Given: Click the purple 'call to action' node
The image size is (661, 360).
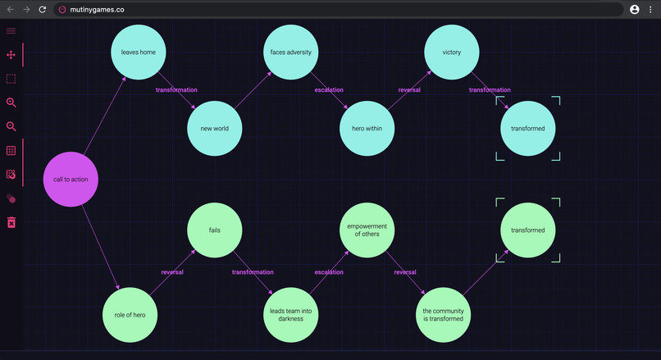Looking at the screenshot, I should point(71,179).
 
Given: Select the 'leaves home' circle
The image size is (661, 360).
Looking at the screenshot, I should point(139,52).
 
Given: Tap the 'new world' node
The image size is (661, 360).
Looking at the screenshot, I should point(215,128).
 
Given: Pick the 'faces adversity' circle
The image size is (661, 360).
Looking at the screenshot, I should point(291,52).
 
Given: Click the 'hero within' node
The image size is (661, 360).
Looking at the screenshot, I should point(367,128).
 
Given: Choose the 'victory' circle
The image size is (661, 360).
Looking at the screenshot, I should point(451,52).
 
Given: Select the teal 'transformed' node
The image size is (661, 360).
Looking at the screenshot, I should point(528,128).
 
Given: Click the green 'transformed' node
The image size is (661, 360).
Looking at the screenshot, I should point(528,230).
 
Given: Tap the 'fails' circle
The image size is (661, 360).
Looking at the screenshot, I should point(215,230).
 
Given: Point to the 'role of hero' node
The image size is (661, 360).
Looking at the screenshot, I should point(130,314).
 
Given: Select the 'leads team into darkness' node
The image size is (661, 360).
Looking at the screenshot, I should point(291,314).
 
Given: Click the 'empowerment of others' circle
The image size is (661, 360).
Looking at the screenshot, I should point(367,230).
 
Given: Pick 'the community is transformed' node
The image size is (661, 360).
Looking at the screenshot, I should point(444,314).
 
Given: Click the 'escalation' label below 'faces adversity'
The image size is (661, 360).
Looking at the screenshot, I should point(329,89).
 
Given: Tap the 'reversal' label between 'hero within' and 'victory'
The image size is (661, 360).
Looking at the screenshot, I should point(409,89).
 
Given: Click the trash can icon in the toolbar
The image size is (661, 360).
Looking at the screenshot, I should point(11,222).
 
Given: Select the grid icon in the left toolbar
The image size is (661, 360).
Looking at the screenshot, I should point(11,151).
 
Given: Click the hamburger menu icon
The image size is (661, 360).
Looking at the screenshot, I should point(11,31).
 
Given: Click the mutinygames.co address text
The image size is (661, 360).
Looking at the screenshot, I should point(98,9).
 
